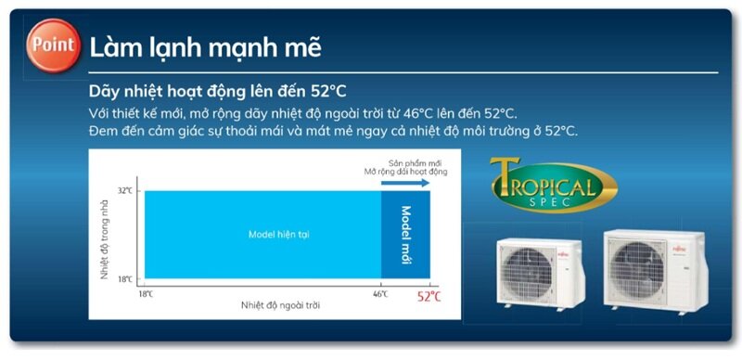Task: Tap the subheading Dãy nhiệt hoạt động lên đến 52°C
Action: (217, 92)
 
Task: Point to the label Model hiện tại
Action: (278, 234)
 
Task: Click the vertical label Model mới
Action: (405, 235)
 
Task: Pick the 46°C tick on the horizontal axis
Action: (381, 293)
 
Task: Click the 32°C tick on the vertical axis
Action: (124, 191)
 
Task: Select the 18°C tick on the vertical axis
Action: (124, 278)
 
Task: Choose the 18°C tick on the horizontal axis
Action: (145, 293)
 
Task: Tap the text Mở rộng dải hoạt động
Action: (406, 172)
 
